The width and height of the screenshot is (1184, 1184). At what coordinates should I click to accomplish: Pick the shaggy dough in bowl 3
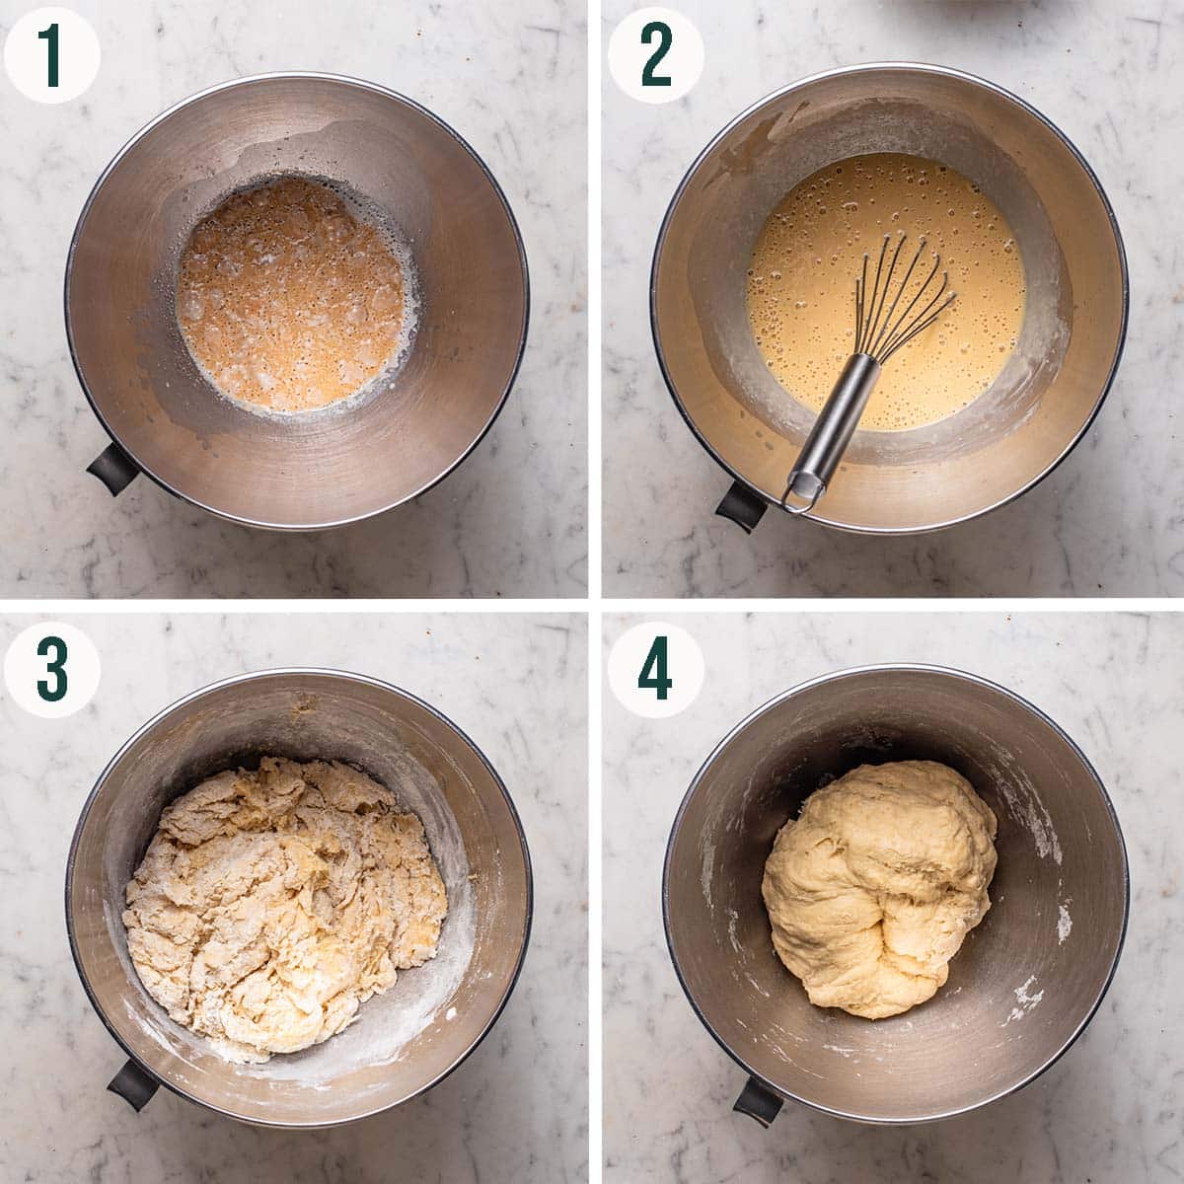[x=286, y=898]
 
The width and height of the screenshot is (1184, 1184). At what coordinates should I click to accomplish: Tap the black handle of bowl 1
[x=111, y=470]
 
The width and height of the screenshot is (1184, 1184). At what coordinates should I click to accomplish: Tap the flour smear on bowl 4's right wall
[x=1064, y=923]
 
